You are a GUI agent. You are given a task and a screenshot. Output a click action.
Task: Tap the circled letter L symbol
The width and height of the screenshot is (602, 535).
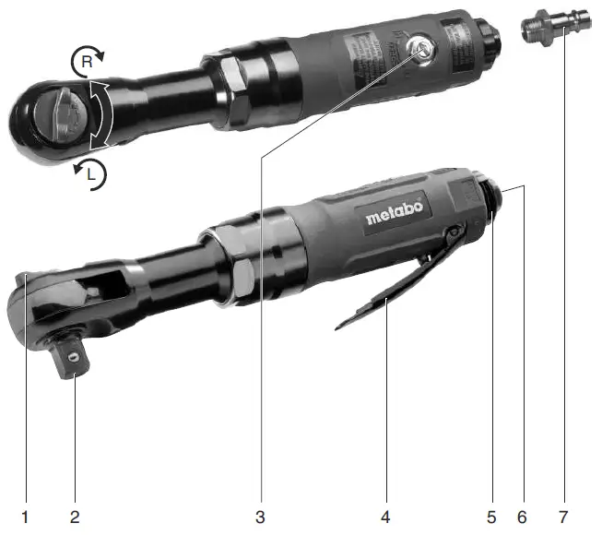(92, 175)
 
